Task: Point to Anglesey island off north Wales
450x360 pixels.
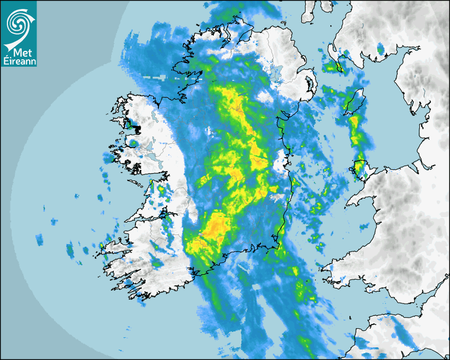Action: (x=361, y=168)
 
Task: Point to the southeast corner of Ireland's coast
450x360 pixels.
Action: (x=277, y=247)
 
